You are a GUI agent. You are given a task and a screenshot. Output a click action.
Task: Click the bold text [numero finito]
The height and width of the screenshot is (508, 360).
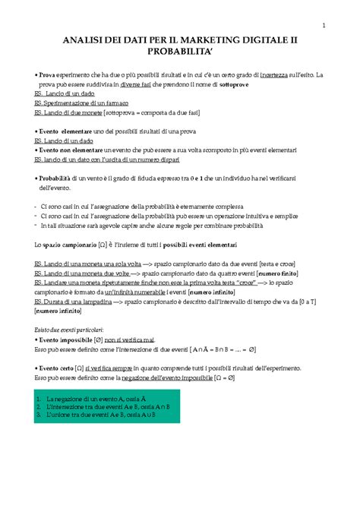click(279, 272)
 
